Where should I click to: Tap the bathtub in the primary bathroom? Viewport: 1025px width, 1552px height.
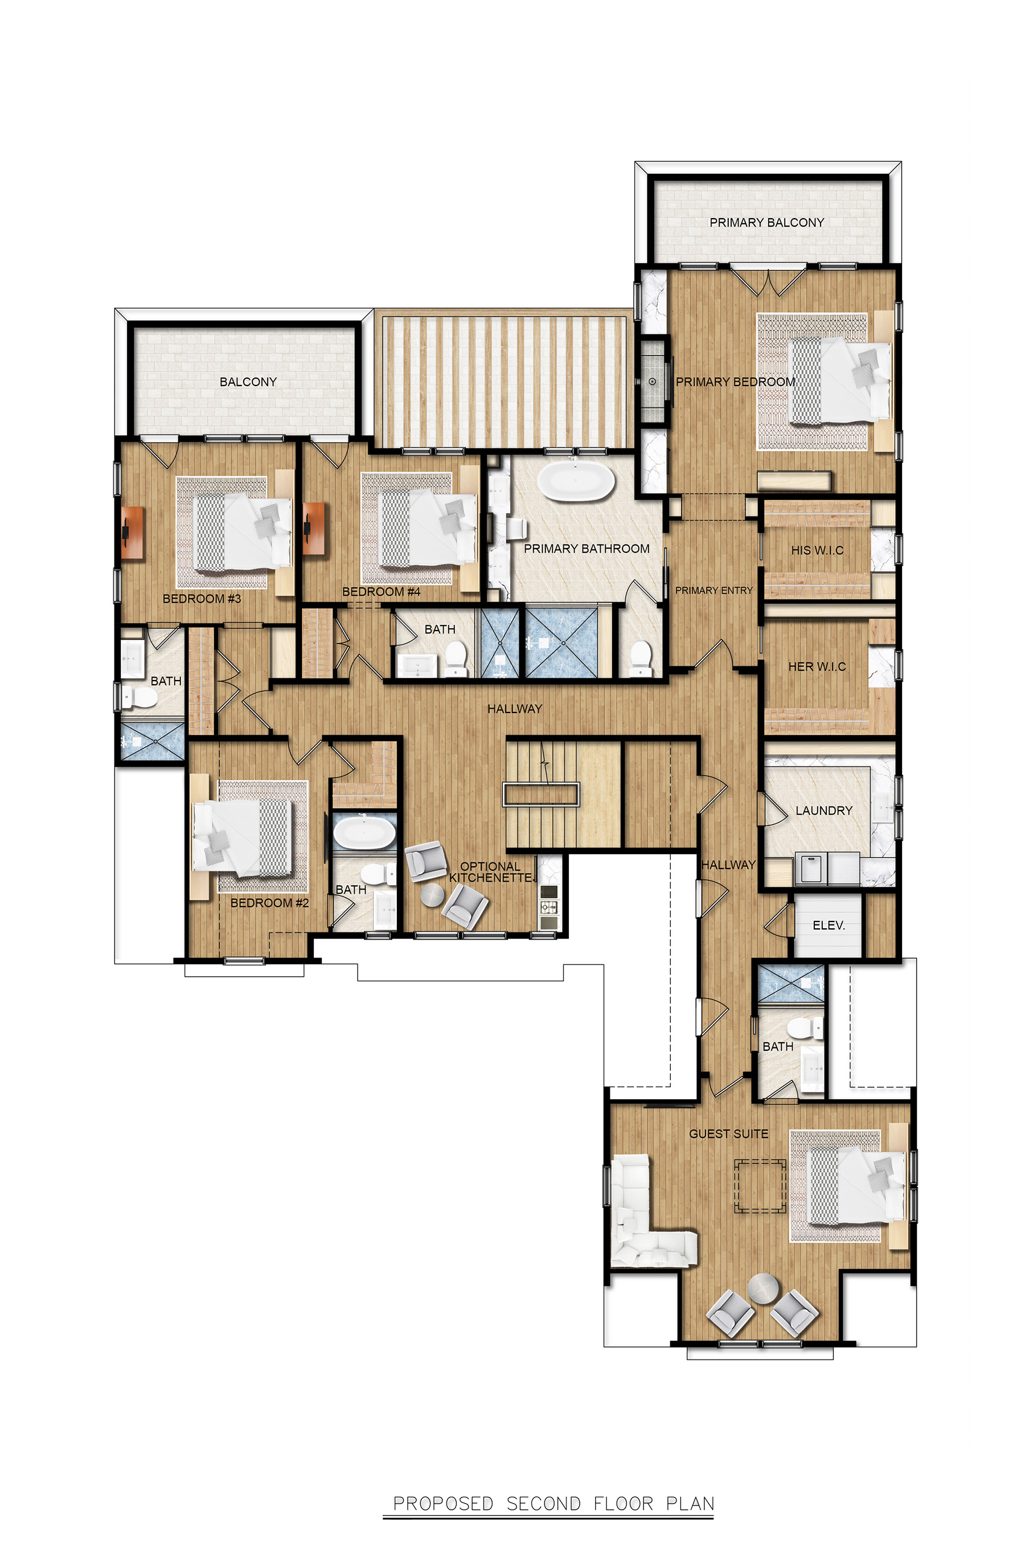click(x=576, y=482)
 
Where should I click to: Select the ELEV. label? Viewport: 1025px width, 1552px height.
click(x=828, y=925)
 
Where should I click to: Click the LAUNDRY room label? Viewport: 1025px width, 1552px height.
click(x=823, y=810)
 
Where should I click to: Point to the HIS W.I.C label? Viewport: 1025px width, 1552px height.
click(x=817, y=550)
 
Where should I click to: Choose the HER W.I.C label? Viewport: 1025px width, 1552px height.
click(x=817, y=666)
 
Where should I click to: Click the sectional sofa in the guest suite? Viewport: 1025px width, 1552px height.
click(x=641, y=1213)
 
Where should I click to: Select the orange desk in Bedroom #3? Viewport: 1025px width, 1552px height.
click(x=132, y=532)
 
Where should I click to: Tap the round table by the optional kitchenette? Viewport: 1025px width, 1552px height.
click(x=432, y=894)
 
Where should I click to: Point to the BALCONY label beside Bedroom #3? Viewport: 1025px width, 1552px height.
click(x=248, y=382)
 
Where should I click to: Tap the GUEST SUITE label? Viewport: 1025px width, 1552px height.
click(x=728, y=1133)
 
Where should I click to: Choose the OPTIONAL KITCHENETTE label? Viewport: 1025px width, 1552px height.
click(x=491, y=871)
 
